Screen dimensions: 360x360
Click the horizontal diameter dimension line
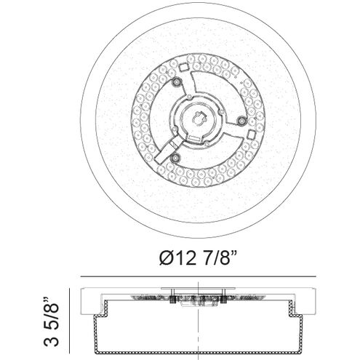point(198,276)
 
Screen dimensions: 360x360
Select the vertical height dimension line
point(70,321)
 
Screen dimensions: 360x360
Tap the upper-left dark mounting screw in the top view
point(176,82)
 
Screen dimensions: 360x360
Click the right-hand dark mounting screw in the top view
point(241,120)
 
